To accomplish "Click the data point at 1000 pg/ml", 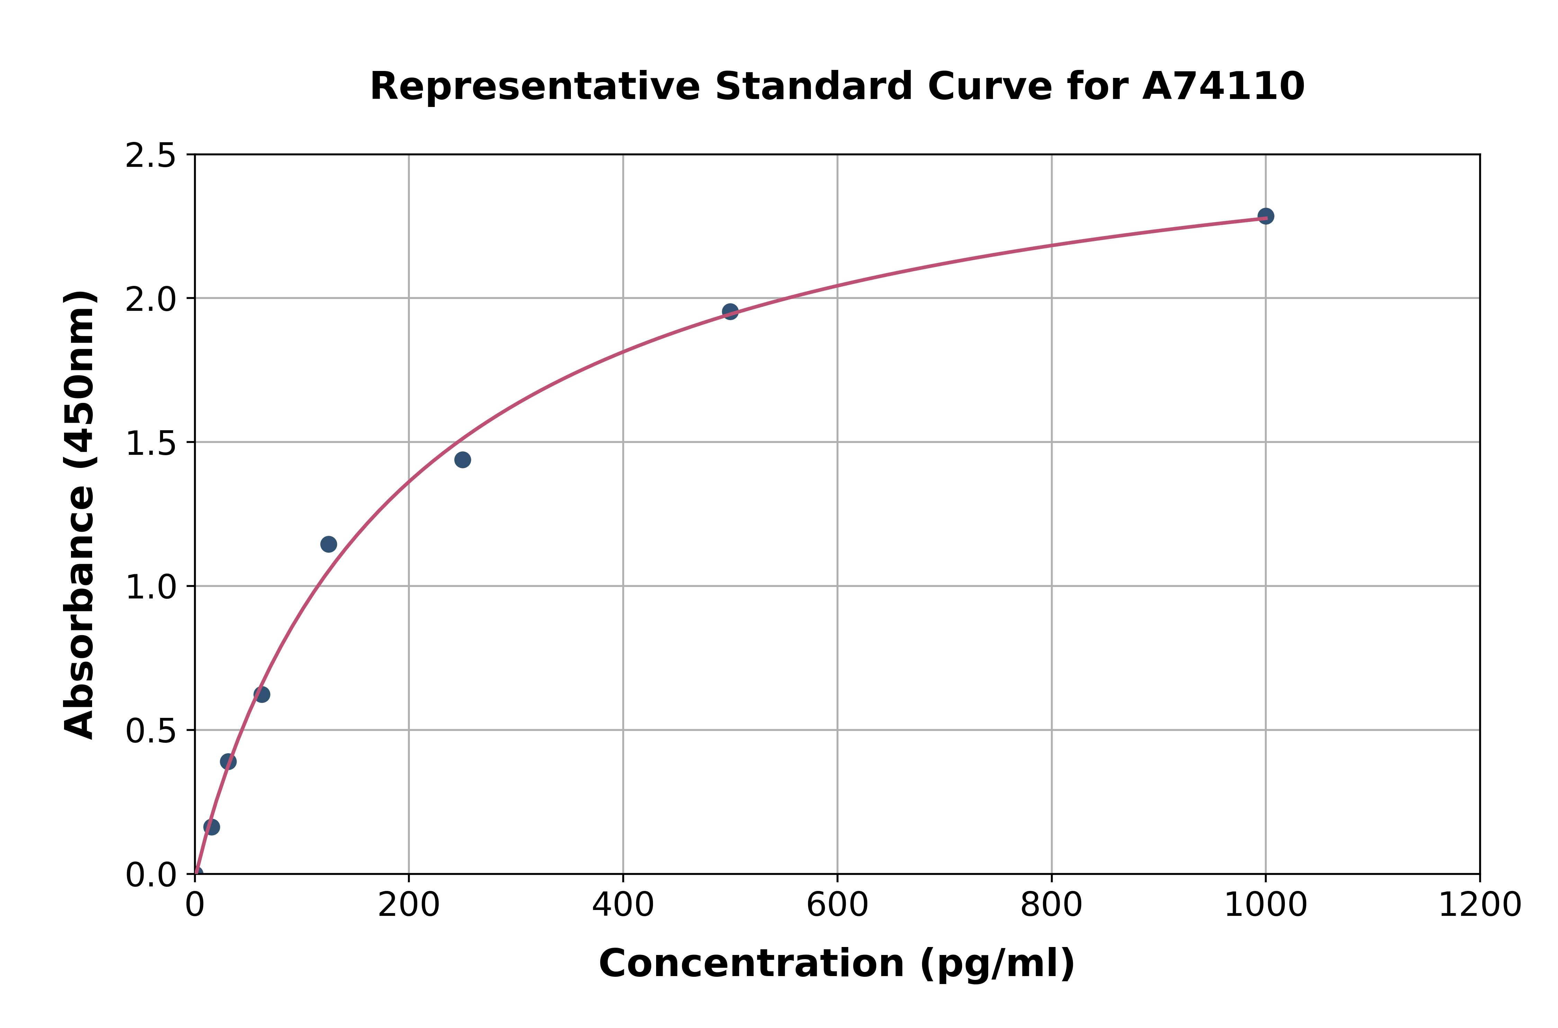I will click(x=1265, y=216).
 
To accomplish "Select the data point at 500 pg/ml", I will click(x=730, y=312).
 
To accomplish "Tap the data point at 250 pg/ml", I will click(x=462, y=460).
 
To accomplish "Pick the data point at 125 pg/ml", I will click(x=329, y=544).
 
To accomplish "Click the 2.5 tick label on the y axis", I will click(x=151, y=156).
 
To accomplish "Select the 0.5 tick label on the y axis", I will click(x=151, y=731).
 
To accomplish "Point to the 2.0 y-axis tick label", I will click(x=151, y=300).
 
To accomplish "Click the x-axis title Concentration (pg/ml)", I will click(x=837, y=964).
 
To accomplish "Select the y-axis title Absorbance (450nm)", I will click(x=80, y=515).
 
